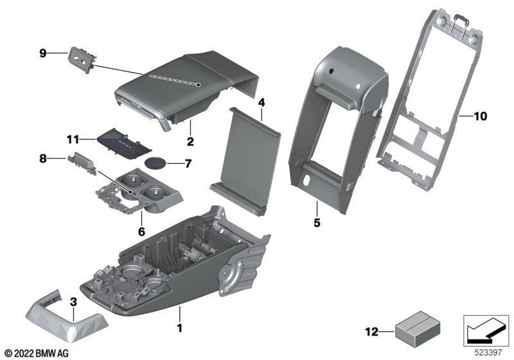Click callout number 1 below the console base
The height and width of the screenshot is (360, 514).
[x=180, y=328]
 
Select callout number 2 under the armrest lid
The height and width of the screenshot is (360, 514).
[x=190, y=140]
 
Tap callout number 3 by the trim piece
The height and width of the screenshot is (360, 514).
[x=73, y=301]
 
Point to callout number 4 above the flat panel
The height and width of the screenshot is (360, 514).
[x=261, y=102]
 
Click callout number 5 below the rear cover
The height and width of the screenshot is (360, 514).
[x=317, y=224]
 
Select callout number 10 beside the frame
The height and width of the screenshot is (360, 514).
[x=481, y=117]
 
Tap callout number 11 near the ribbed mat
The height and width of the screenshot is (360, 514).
[x=73, y=138]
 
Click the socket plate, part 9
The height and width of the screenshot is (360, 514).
[x=80, y=59]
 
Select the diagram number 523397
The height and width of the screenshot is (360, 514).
[x=488, y=352]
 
